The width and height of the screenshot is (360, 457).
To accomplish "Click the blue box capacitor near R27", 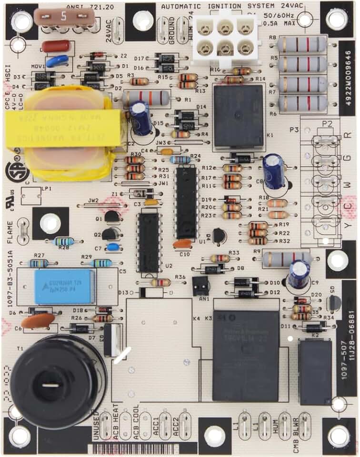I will [x=64, y=287].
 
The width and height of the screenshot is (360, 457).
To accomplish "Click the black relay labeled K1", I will [x=238, y=116].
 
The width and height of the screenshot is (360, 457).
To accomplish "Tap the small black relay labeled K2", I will [x=315, y=372].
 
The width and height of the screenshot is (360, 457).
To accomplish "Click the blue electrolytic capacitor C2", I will [x=141, y=118].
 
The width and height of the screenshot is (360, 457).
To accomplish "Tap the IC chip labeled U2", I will [x=149, y=243].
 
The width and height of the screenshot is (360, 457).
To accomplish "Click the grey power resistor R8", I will [x=302, y=45].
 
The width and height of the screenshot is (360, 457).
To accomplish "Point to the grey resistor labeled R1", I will [x=146, y=98].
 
